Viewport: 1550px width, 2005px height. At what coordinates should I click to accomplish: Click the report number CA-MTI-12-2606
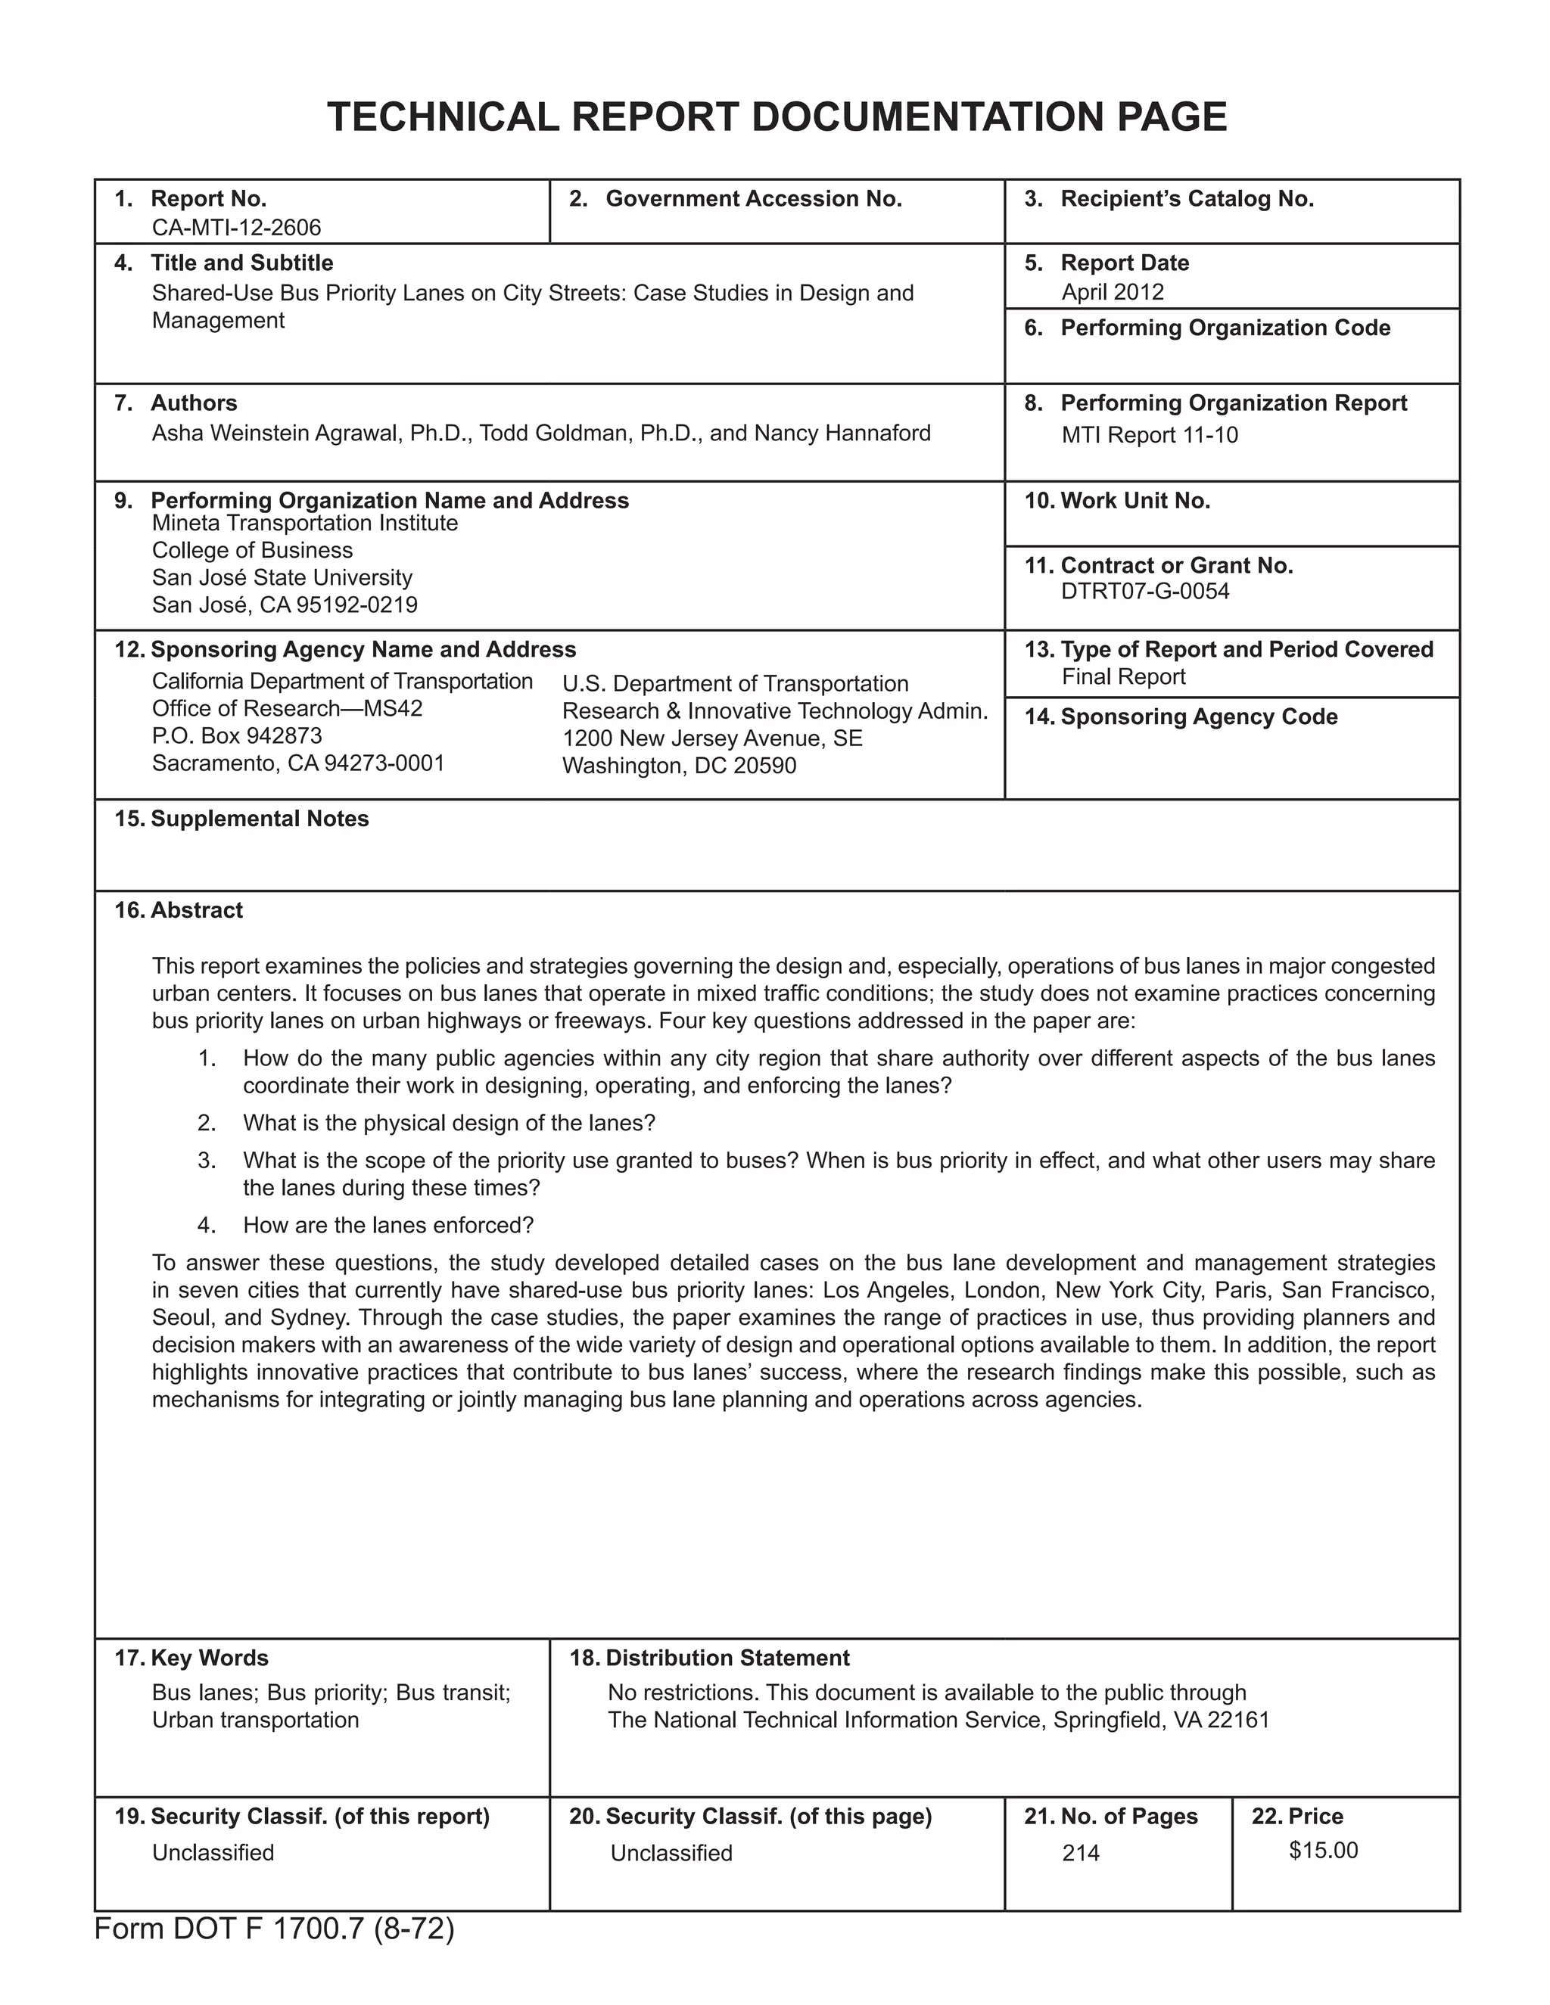pyautogui.click(x=236, y=228)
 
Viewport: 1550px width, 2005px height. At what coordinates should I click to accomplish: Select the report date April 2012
pyautogui.click(x=1112, y=292)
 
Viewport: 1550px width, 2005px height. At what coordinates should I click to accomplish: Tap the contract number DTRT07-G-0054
pyautogui.click(x=1144, y=591)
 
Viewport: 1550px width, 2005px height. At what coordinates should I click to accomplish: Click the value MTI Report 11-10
pyautogui.click(x=1149, y=435)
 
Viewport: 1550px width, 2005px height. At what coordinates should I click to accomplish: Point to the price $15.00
pyautogui.click(x=1322, y=1850)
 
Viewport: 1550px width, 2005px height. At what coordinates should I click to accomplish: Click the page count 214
pyautogui.click(x=1080, y=1854)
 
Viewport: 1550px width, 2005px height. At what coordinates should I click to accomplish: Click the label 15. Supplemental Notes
pyautogui.click(x=241, y=819)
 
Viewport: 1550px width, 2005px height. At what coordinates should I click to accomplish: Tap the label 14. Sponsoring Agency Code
pyautogui.click(x=1180, y=717)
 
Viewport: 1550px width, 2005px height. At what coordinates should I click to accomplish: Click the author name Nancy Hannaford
pyautogui.click(x=842, y=434)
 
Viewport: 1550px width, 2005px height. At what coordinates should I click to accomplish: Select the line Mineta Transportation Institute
pyautogui.click(x=304, y=524)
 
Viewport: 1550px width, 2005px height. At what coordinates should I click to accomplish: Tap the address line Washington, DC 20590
pyautogui.click(x=679, y=766)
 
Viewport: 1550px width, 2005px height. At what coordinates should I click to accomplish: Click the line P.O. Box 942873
pyautogui.click(x=237, y=736)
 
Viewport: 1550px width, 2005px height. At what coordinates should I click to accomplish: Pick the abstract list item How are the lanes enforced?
pyautogui.click(x=387, y=1226)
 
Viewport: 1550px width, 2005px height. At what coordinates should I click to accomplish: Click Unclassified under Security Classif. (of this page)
pyautogui.click(x=671, y=1854)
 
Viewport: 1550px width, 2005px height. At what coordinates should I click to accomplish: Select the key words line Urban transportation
pyautogui.click(x=255, y=1720)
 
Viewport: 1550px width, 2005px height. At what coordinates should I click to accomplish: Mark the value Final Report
pyautogui.click(x=1123, y=677)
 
